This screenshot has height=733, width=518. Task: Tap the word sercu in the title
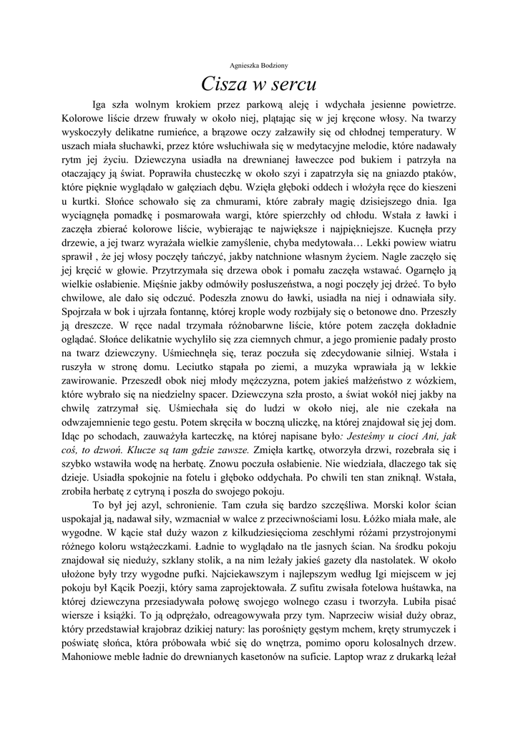tap(293, 85)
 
